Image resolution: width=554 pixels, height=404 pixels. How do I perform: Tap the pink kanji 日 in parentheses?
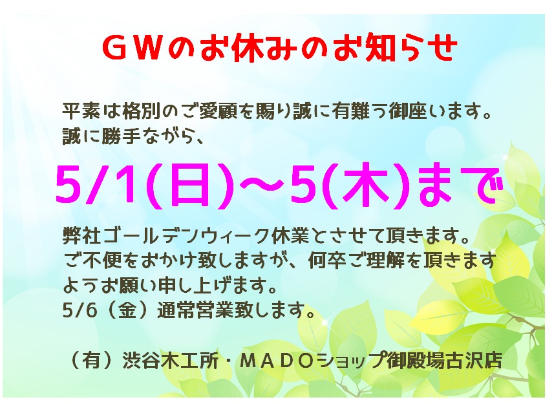(x=188, y=186)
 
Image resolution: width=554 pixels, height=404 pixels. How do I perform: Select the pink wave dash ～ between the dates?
(x=261, y=184)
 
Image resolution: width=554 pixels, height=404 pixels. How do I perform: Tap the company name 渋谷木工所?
(x=170, y=361)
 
